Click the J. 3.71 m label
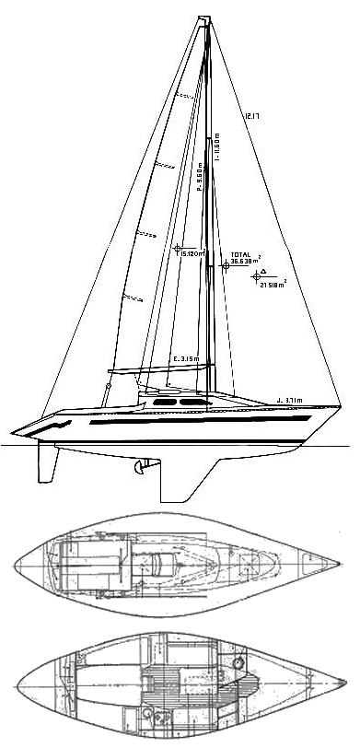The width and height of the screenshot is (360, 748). click(x=291, y=399)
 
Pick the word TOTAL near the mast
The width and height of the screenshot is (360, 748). click(x=240, y=252)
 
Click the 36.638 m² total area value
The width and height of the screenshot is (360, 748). click(x=244, y=262)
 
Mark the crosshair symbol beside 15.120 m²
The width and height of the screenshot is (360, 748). click(x=178, y=249)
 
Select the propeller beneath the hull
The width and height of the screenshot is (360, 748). click(x=141, y=469)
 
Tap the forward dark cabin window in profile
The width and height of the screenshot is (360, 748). click(x=193, y=403)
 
